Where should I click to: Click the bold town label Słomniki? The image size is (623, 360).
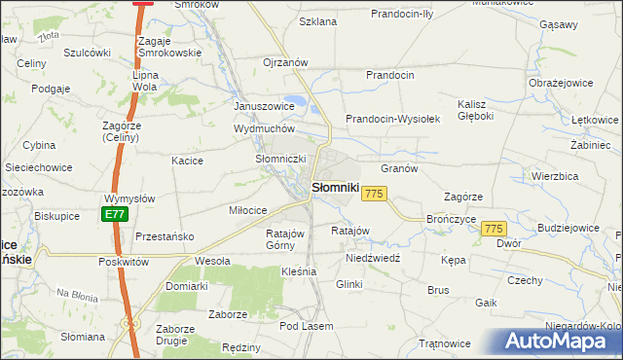click(335, 187)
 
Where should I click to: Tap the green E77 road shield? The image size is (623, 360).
click(115, 214)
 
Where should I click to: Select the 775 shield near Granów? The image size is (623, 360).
click(374, 195)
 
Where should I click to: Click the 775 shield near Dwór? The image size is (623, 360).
click(494, 228)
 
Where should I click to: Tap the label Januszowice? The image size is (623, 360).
click(264, 106)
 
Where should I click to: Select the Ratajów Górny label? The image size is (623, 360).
click(286, 239)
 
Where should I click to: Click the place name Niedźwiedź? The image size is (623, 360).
click(374, 260)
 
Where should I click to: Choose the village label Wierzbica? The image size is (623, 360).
click(556, 176)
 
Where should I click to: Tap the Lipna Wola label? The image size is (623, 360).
click(144, 80)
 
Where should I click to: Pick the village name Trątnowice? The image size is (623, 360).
click(444, 343)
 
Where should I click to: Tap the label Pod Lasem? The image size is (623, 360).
click(307, 326)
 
